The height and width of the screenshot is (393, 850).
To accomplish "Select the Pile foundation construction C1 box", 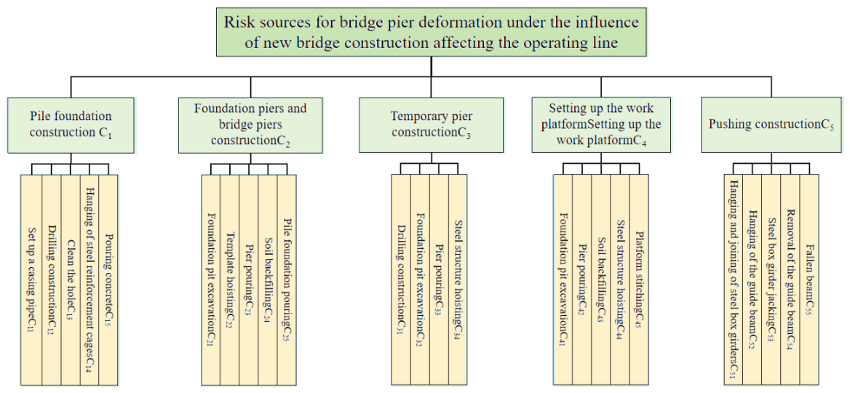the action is [71, 124].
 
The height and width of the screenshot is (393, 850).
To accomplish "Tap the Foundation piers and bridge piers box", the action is [250, 124].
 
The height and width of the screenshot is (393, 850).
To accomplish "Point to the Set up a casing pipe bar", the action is [31, 279].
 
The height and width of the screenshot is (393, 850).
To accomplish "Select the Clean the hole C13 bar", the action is [71, 279].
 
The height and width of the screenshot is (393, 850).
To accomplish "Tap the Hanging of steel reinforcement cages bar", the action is [90, 279].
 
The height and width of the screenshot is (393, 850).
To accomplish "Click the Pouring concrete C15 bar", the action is [109, 279].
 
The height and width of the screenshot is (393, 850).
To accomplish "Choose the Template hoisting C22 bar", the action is [230, 279].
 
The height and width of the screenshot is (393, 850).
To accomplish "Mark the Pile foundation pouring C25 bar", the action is [287, 279].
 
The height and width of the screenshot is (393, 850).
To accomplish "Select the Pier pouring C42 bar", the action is [581, 279].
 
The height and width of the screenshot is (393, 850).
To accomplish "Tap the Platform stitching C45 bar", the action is [638, 279].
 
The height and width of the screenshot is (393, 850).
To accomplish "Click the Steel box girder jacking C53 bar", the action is [771, 279].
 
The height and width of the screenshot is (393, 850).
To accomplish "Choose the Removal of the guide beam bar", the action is [790, 279].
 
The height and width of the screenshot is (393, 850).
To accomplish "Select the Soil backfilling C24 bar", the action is [268, 279].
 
